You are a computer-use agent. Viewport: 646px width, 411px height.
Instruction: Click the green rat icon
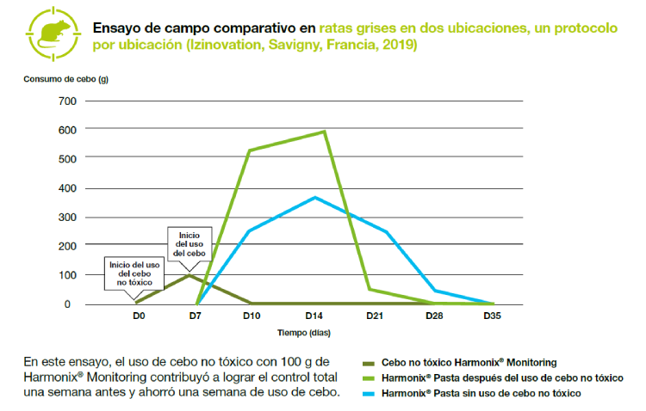[47, 33]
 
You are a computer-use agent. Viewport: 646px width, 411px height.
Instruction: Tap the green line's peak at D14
[324, 132]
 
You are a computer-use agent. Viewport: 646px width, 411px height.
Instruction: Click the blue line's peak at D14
[315, 197]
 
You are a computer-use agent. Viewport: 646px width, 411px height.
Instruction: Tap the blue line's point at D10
[250, 230]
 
